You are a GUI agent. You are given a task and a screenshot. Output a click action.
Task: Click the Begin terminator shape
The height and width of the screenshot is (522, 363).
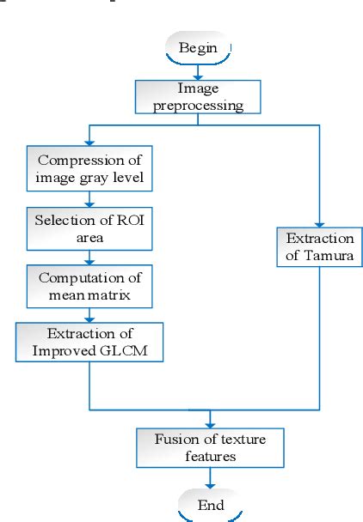pos(198,47)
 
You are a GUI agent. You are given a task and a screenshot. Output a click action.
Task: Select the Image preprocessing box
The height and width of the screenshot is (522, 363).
pos(197,96)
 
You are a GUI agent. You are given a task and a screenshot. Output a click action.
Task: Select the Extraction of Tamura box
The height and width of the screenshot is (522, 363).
pos(318,246)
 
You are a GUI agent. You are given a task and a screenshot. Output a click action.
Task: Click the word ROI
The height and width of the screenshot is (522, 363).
pos(115,220)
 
